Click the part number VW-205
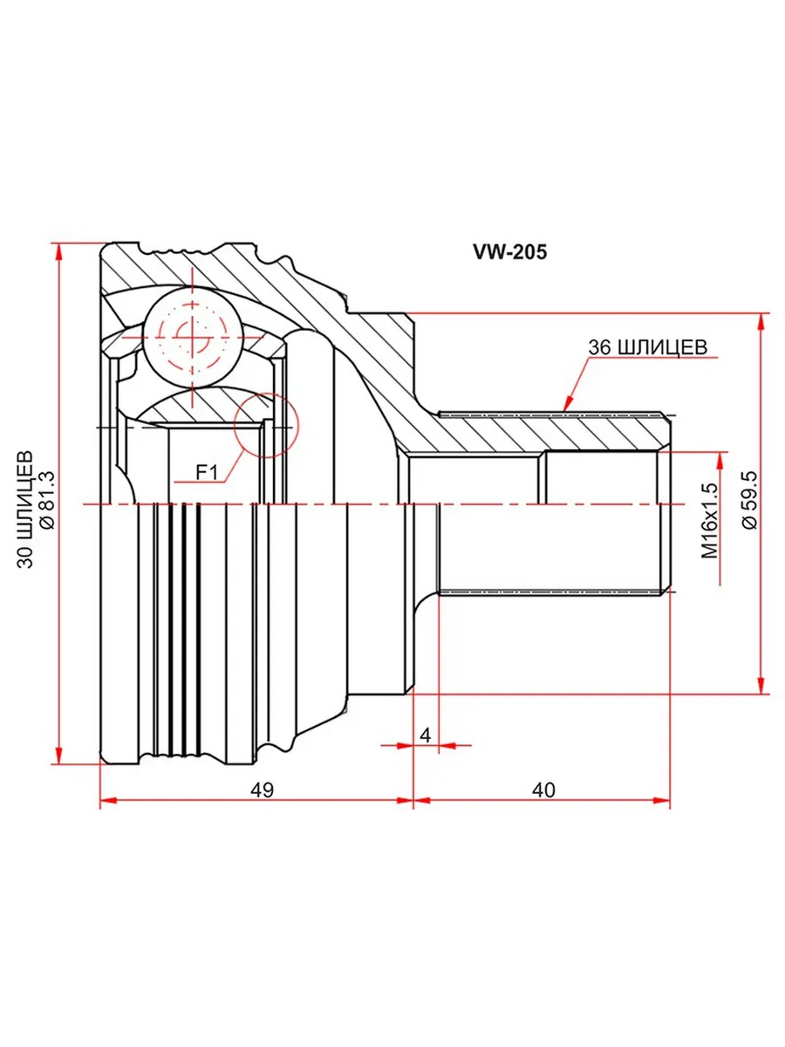509,252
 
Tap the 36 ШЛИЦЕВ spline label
647,347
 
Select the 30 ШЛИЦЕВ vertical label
26,509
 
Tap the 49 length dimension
263,790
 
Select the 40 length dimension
543,790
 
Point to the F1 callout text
207,473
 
